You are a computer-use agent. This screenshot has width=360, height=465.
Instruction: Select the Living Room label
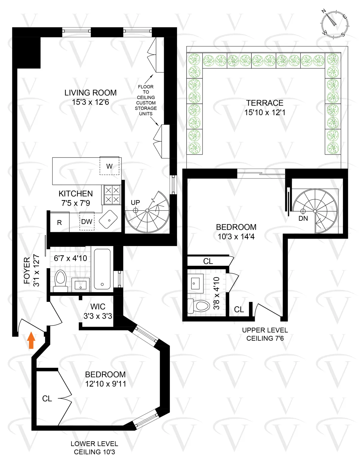[x=90, y=93]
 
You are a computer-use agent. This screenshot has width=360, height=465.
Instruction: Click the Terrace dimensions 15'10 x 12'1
[x=265, y=112]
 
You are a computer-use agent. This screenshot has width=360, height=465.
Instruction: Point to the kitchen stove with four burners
[x=112, y=195]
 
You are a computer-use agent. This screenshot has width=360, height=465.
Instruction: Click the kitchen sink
[x=108, y=219]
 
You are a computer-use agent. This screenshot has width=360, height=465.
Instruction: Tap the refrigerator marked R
[x=59, y=222]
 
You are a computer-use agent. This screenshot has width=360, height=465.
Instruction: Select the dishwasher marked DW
[x=87, y=222]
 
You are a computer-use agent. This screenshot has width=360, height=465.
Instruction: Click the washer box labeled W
[x=109, y=166]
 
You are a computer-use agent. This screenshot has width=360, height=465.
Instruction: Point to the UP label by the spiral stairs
[x=135, y=202]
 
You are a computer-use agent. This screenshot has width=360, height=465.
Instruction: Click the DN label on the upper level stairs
[x=303, y=218]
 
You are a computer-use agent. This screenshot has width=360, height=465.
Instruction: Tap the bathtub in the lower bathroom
[x=102, y=269]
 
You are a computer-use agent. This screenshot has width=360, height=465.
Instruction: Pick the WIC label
[x=98, y=307]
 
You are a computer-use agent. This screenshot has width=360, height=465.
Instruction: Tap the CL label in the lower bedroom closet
[x=47, y=398]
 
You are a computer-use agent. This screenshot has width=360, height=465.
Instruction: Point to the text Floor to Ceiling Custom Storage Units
[x=146, y=100]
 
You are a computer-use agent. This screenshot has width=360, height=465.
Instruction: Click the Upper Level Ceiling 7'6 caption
[x=265, y=334]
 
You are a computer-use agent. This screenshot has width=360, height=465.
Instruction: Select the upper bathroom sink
[x=195, y=283]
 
